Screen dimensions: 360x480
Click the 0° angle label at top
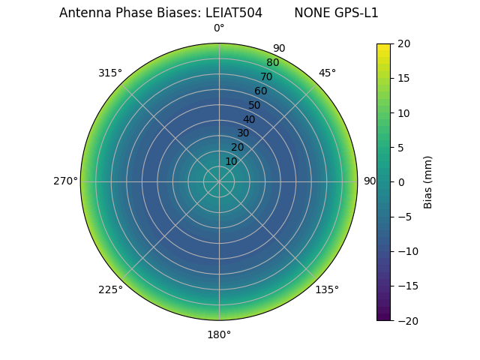click(219, 28)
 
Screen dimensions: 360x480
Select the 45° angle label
click(327, 73)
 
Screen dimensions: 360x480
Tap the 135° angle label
click(327, 289)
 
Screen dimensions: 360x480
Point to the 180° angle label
click(219, 334)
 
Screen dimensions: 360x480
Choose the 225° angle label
click(110, 289)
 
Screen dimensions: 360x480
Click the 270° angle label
click(65, 181)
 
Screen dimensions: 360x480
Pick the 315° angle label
click(110, 73)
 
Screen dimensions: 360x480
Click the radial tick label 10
click(231, 161)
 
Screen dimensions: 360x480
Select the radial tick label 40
click(249, 119)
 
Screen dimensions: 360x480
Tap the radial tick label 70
click(266, 76)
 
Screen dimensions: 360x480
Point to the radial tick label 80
click(272, 62)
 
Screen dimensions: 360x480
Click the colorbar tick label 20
click(403, 43)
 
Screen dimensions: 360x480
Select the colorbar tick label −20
click(406, 320)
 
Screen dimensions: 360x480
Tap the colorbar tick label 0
click(401, 181)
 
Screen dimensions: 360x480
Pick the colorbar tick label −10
click(406, 251)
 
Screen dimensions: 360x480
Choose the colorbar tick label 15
click(403, 78)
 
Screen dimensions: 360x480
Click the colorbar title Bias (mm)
click(428, 182)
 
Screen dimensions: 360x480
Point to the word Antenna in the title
click(84, 13)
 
